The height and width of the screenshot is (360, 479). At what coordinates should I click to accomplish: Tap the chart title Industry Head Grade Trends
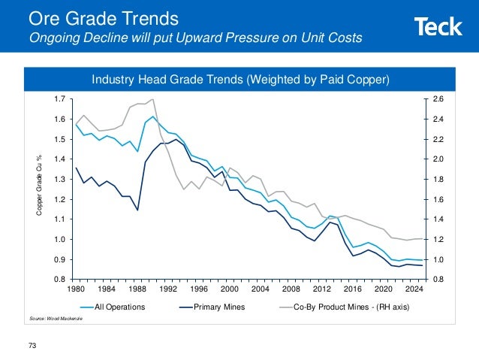click(240, 79)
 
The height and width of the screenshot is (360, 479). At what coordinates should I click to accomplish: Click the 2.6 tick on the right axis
click(438, 98)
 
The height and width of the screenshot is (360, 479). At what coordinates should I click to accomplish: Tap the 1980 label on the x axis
click(76, 289)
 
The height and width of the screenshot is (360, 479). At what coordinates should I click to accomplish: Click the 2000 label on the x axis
click(230, 289)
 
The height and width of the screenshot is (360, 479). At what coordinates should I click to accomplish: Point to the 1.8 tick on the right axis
click(438, 179)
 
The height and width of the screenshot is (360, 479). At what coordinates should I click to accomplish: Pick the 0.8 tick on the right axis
click(438, 280)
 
